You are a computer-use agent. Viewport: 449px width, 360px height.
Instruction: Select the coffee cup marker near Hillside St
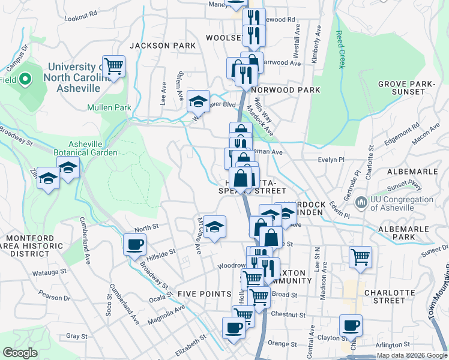coord(134,244)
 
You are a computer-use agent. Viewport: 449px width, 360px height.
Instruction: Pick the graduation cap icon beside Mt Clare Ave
coord(214,227)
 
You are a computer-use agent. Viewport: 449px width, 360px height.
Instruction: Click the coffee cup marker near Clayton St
coord(351,326)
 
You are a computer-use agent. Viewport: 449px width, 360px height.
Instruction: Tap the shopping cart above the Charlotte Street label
coord(360,257)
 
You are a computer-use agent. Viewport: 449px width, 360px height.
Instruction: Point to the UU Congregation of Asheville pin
coord(361,203)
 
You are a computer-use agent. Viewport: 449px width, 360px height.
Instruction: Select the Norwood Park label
coord(286,90)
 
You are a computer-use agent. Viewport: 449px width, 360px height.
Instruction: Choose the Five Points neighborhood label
coord(204,293)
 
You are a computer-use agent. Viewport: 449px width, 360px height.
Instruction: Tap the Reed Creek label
coord(340,49)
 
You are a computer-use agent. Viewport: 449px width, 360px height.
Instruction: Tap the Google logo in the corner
coord(20,353)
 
